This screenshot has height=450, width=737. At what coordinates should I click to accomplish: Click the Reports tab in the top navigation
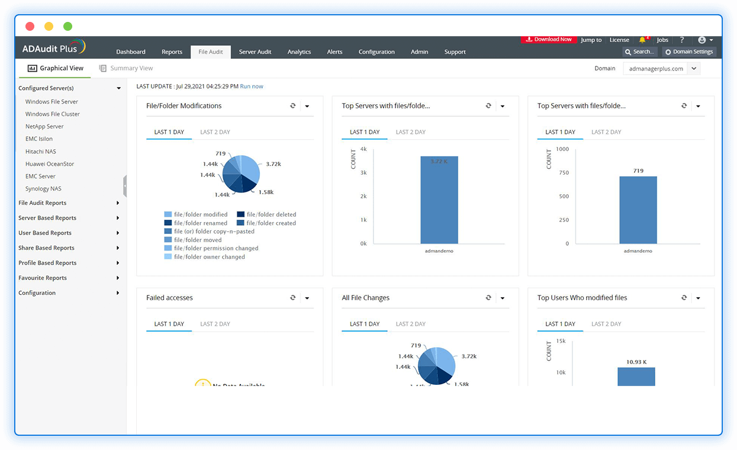pyautogui.click(x=172, y=52)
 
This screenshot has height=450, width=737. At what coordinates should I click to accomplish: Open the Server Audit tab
pyautogui.click(x=255, y=52)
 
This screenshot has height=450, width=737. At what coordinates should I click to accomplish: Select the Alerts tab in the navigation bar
pyautogui.click(x=334, y=52)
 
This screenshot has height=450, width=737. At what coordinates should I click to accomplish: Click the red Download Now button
pyautogui.click(x=548, y=40)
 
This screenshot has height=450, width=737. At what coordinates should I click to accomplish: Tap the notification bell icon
pyautogui.click(x=642, y=40)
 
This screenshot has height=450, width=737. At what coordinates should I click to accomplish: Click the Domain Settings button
pyautogui.click(x=688, y=52)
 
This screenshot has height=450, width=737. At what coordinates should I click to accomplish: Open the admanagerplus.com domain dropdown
pyautogui.click(x=661, y=69)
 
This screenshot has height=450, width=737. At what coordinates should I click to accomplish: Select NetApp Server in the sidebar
pyautogui.click(x=44, y=127)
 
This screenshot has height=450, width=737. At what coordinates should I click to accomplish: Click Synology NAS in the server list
pyautogui.click(x=43, y=189)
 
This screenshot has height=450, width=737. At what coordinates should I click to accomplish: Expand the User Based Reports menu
pyautogui.click(x=45, y=233)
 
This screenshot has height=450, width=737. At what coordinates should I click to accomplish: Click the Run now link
pyautogui.click(x=252, y=86)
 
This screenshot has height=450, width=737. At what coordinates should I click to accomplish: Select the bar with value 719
pyautogui.click(x=638, y=210)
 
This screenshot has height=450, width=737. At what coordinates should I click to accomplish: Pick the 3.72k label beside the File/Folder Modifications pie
pyautogui.click(x=273, y=164)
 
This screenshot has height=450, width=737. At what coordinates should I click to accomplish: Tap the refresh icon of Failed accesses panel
pyautogui.click(x=292, y=298)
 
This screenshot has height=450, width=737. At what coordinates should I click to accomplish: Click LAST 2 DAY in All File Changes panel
pyautogui.click(x=411, y=324)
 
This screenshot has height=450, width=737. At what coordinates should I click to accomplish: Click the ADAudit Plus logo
pyautogui.click(x=53, y=47)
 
